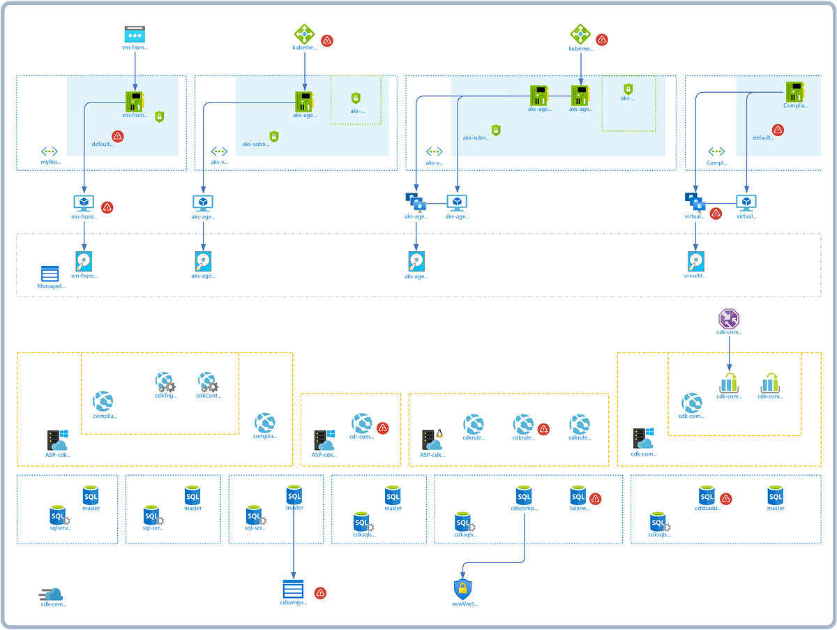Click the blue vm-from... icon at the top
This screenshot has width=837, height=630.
coord(135,33)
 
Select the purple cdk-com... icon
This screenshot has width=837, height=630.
coord(729,320)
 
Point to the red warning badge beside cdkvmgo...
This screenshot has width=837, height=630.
coord(320,592)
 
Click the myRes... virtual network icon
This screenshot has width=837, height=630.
coord(50,151)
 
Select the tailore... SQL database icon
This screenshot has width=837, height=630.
coord(578,496)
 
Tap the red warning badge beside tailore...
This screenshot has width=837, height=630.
coord(596,498)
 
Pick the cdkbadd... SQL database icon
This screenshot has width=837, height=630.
coord(707,496)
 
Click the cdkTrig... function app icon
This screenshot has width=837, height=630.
coord(166,382)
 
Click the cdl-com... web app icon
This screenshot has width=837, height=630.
coord(361,423)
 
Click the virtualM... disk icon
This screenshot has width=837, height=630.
coord(695,261)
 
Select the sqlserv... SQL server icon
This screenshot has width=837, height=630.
coord(59,517)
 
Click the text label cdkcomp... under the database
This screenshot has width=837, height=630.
coord(524,509)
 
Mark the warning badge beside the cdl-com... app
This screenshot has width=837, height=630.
coord(382,428)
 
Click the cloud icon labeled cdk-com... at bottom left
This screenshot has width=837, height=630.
coord(52,594)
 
